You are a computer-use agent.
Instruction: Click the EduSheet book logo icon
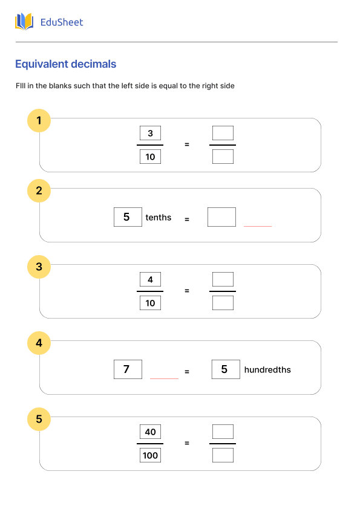24,22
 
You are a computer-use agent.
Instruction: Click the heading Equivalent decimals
65,64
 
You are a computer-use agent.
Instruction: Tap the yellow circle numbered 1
39,121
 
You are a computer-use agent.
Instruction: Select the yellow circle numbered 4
39,343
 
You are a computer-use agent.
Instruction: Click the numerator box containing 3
150,134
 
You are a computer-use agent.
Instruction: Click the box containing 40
150,432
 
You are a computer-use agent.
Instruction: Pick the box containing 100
150,455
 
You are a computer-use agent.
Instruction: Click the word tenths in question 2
159,218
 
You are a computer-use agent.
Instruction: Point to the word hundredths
267,369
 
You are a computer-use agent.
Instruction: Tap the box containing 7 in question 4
128,369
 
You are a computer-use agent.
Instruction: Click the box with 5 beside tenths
128,217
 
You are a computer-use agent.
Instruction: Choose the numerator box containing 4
150,279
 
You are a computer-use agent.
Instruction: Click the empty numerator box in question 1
223,133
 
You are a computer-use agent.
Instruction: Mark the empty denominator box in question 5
223,455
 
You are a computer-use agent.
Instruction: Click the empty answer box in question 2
221,217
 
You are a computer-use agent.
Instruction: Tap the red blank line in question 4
164,378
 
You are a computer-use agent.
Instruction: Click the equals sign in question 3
187,291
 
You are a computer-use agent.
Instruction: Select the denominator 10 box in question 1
150,157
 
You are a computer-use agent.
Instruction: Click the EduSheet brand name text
61,22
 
